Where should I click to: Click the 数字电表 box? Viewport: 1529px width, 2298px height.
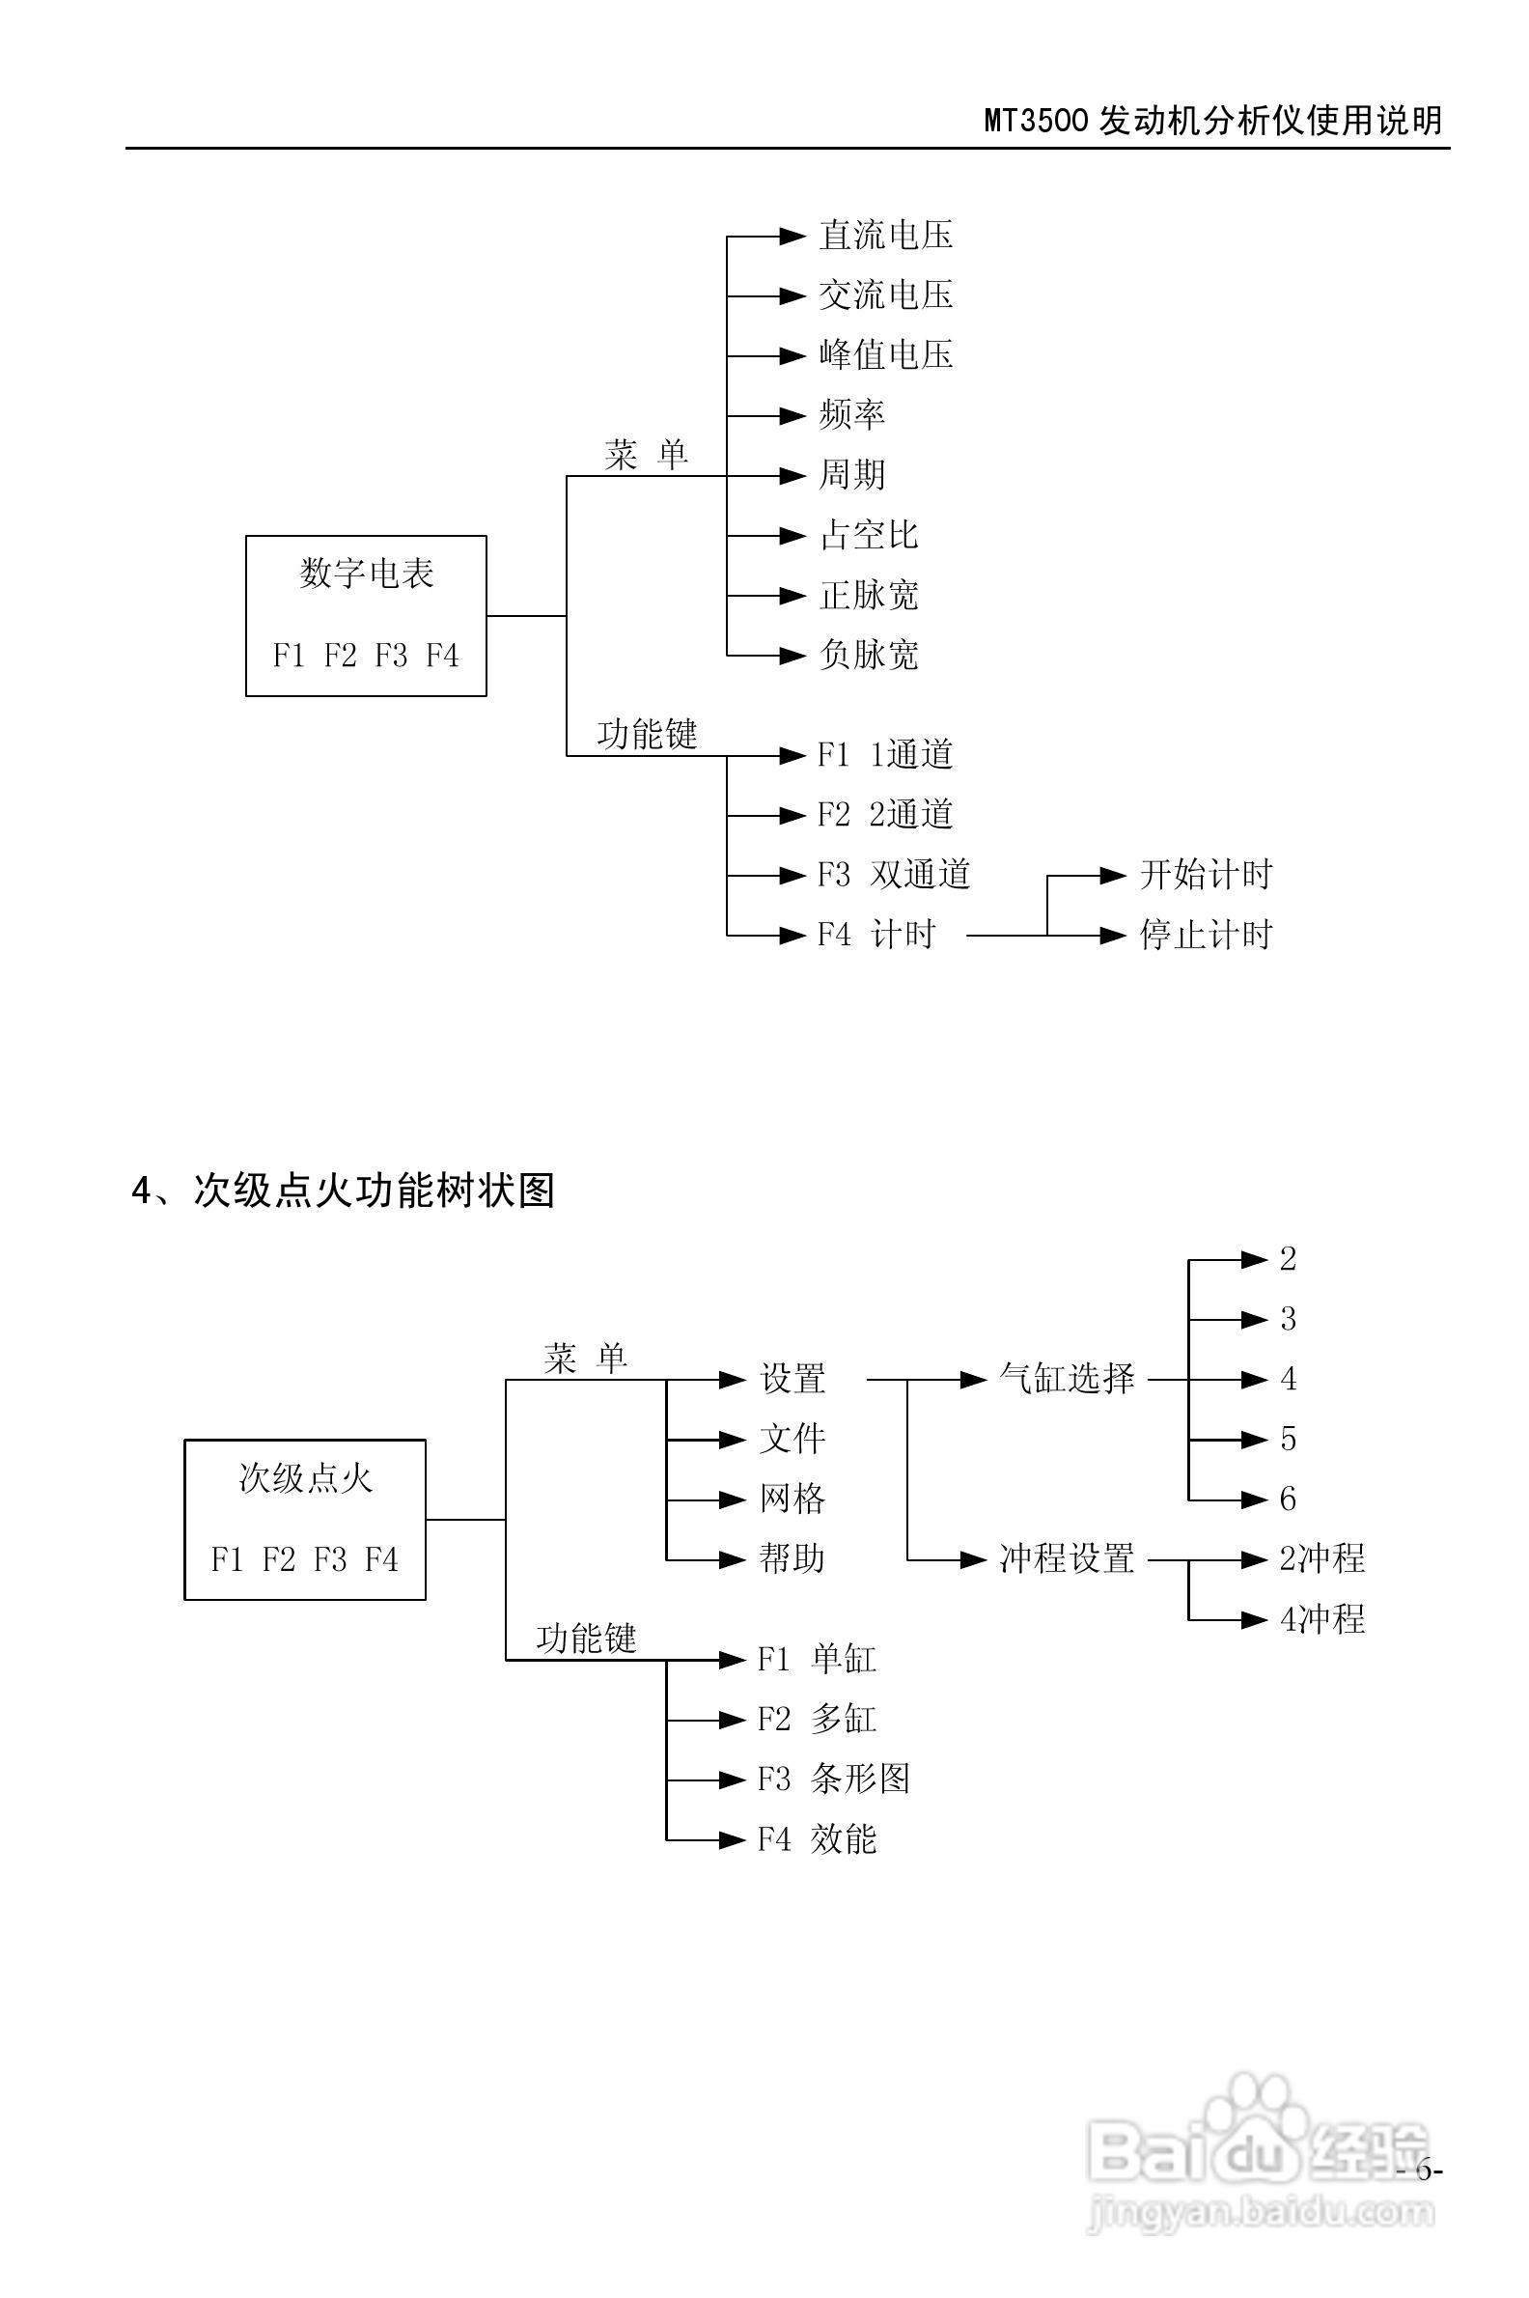click(x=366, y=614)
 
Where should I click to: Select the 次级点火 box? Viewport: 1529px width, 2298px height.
click(x=304, y=1519)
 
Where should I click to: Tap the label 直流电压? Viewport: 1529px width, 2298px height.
click(x=885, y=235)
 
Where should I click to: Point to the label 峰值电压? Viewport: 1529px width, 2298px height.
click(x=885, y=355)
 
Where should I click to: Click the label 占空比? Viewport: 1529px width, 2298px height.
click(x=868, y=536)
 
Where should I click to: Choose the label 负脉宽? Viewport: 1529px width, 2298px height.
click(x=868, y=656)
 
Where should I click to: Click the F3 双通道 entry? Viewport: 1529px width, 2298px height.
click(x=893, y=875)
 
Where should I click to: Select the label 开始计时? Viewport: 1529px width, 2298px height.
click(x=1207, y=875)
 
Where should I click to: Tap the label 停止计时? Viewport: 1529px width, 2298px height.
click(x=1207, y=936)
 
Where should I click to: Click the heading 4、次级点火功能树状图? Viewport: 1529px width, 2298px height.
click(x=344, y=1191)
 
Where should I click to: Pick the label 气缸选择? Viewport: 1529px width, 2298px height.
click(x=1067, y=1379)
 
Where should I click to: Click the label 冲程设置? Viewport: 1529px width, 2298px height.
click(x=1067, y=1558)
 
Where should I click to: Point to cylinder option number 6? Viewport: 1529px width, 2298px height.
click(x=1287, y=1499)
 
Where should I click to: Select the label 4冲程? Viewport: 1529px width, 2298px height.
click(x=1321, y=1619)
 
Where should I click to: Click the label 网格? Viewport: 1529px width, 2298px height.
click(x=792, y=1499)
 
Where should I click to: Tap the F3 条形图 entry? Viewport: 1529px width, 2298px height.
click(x=834, y=1780)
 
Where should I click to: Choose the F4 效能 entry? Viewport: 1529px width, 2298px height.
click(x=818, y=1839)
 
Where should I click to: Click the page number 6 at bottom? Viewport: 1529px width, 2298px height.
click(x=1423, y=2172)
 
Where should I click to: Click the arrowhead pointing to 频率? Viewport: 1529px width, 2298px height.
click(x=792, y=415)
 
